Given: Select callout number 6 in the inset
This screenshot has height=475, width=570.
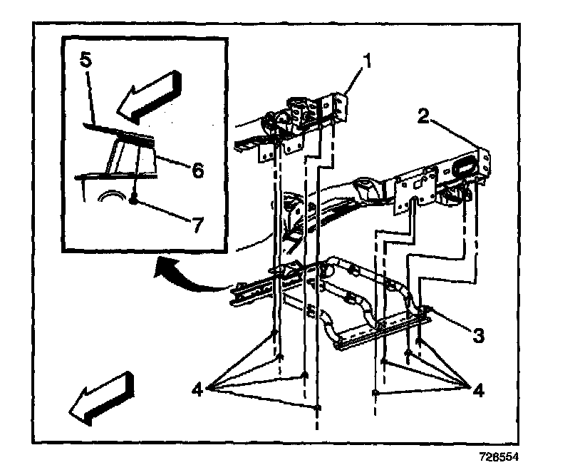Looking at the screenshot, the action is [x=197, y=170].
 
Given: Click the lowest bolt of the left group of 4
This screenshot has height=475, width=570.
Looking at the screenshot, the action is [x=318, y=407].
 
